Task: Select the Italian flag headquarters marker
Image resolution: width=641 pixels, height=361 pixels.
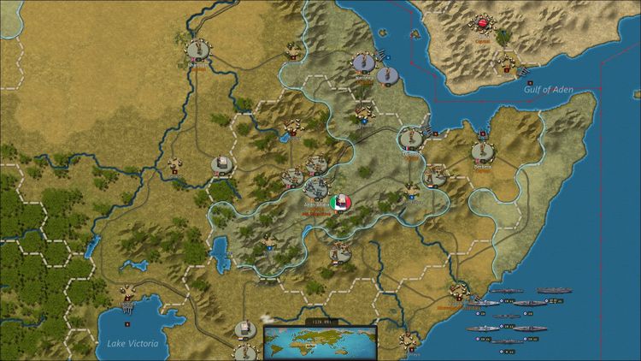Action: (x=339, y=203)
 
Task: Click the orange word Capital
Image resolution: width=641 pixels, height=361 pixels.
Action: (x=483, y=39)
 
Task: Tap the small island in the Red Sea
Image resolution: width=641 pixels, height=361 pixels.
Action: (x=415, y=34)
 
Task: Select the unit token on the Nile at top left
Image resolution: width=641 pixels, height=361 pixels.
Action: (x=198, y=49)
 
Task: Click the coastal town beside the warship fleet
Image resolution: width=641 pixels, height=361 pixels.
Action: (x=459, y=291)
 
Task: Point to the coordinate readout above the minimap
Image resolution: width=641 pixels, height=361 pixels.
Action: (x=318, y=322)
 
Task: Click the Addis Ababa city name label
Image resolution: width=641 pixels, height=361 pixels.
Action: (x=315, y=206)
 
